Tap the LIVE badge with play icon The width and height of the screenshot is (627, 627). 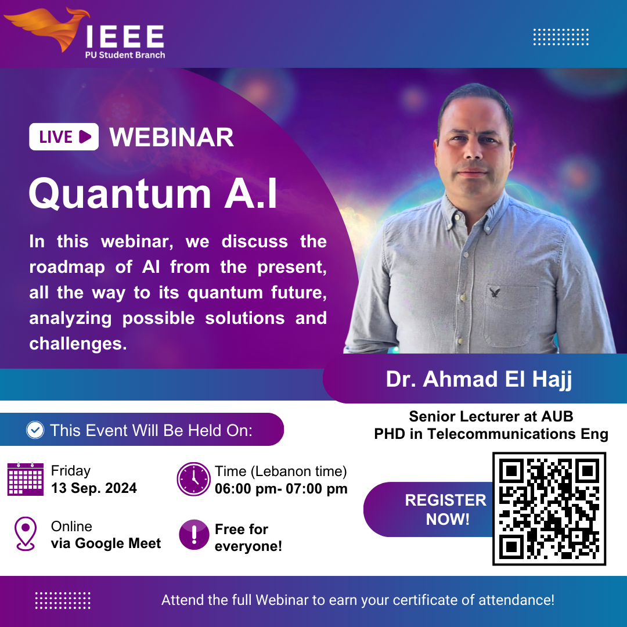[64, 137]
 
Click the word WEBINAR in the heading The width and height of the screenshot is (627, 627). [171, 137]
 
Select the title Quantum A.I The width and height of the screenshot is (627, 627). [153, 194]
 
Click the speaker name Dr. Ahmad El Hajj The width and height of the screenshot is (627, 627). [478, 379]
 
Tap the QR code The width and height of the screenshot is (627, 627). [549, 509]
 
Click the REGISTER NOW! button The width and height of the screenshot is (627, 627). [428, 510]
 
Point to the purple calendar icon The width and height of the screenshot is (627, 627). [25, 479]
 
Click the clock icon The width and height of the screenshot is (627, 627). [193, 479]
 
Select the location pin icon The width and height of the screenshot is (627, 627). [25, 534]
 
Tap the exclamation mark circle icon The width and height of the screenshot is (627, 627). [194, 535]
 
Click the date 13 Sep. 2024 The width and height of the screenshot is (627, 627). [94, 488]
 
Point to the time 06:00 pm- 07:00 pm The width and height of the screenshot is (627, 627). [281, 489]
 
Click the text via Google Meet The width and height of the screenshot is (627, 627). [106, 543]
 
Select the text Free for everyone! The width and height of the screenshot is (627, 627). [248, 538]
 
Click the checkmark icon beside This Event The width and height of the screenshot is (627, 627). [35, 430]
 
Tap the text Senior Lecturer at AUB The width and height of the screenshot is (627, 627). [491, 417]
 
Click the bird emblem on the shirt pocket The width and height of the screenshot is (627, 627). [495, 293]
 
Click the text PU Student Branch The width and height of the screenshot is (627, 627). [125, 55]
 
